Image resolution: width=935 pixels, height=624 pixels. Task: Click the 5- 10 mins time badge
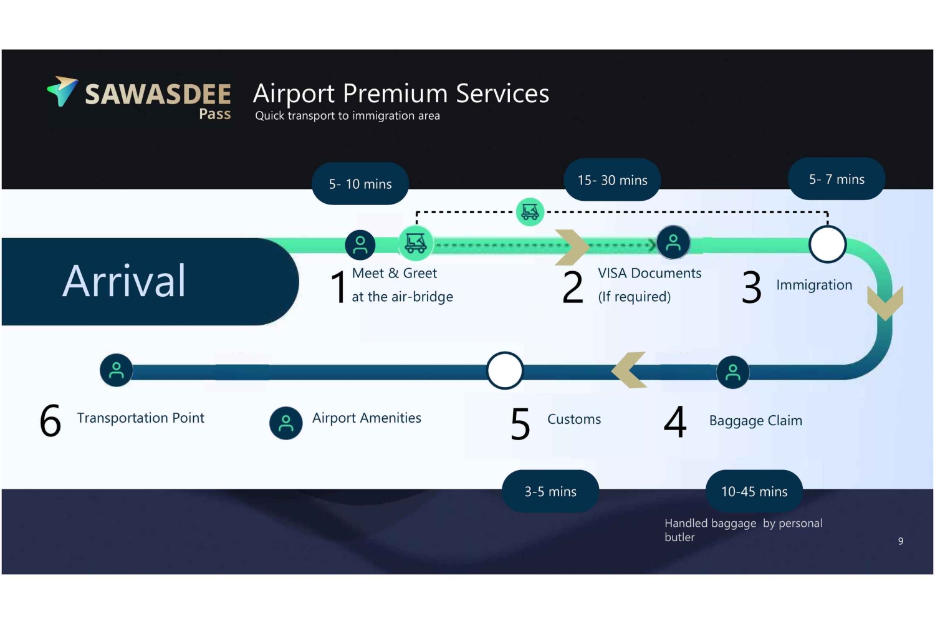tap(360, 184)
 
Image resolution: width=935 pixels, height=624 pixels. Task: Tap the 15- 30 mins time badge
tap(612, 180)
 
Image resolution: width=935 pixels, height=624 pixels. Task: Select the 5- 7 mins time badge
tap(837, 179)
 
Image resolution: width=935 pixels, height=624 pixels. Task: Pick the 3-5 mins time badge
tap(550, 491)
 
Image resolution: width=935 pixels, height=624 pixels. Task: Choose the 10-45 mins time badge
tap(754, 491)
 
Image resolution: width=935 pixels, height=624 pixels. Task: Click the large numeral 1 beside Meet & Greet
tap(338, 287)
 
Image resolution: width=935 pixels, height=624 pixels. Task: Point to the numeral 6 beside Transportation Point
tap(50, 420)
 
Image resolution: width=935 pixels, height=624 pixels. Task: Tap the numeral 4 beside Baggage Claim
tap(675, 421)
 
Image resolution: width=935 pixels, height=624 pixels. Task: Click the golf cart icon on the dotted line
tap(530, 211)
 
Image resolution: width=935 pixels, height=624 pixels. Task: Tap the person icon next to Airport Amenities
tap(286, 423)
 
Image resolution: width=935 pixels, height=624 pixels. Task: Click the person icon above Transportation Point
tap(117, 370)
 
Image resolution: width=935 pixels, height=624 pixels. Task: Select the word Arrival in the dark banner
tap(123, 281)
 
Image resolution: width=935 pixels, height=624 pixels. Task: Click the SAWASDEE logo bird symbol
tap(62, 91)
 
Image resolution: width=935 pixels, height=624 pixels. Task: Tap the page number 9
tap(900, 541)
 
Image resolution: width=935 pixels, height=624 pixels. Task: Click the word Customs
tap(574, 419)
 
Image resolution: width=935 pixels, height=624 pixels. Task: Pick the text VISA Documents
tap(650, 273)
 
